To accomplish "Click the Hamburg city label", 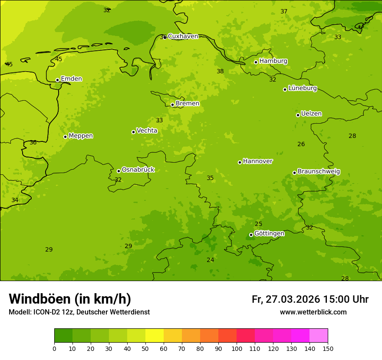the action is click(273, 61).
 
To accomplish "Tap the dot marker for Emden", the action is click(57, 80).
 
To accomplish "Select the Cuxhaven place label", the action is click(183, 36).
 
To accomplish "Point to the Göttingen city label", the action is click(269, 234).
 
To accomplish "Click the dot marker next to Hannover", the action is click(240, 162).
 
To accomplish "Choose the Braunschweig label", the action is click(319, 172).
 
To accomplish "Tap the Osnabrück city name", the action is click(138, 170).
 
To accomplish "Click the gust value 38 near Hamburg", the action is click(220, 72).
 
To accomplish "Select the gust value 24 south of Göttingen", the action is click(210, 260).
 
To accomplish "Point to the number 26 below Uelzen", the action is click(301, 144).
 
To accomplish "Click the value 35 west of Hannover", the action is click(210, 178).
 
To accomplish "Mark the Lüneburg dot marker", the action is click(285, 89).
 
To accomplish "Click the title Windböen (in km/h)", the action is click(70, 299).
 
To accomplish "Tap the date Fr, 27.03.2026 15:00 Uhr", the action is click(310, 299).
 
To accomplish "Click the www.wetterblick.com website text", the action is click(313, 312).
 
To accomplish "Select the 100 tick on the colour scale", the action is click(237, 348).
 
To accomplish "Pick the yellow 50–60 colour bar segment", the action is click(155, 336).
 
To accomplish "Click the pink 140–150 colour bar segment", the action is click(319, 336).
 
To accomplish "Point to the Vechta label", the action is click(147, 131).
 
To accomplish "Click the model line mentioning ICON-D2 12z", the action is click(79, 312).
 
